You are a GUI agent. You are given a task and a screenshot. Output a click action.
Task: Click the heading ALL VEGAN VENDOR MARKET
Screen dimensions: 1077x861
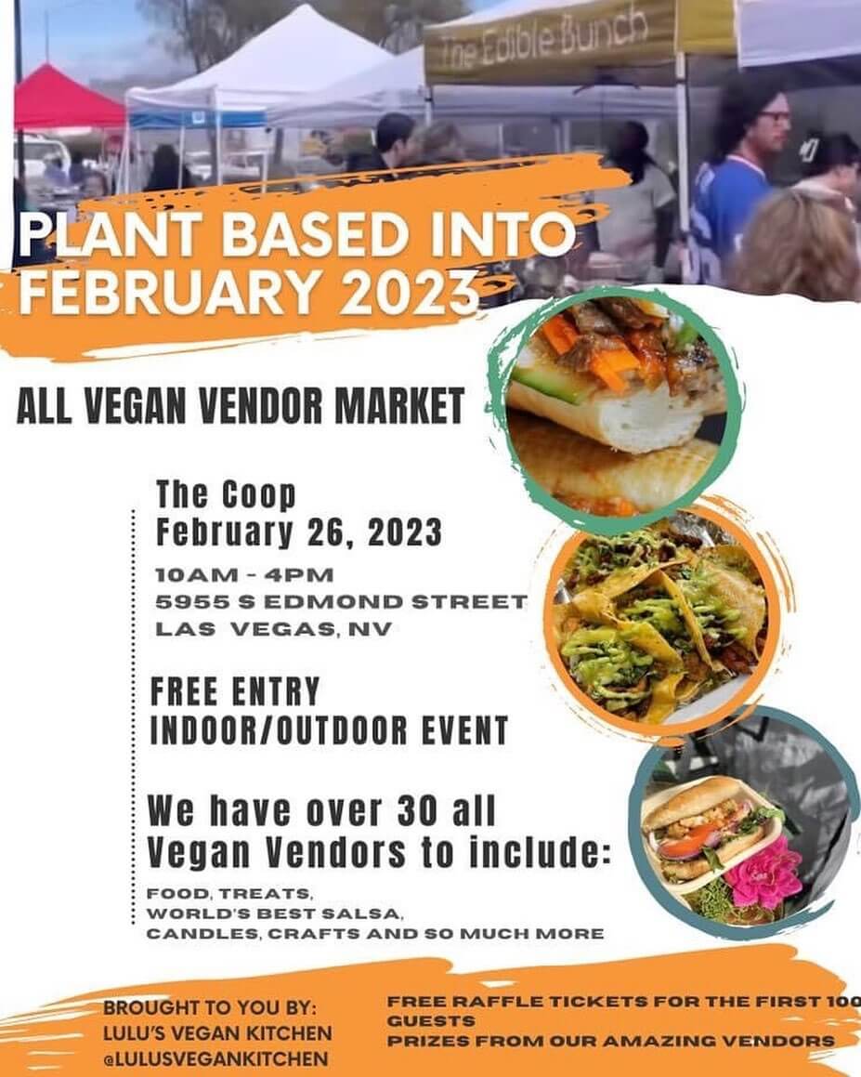pos(241,406)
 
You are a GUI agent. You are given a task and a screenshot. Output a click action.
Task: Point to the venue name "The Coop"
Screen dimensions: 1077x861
pos(226,494)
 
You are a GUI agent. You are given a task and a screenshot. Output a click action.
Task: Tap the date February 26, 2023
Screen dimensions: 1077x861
pos(298,533)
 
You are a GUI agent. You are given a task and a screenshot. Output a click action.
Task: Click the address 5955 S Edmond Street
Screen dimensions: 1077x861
pos(341,602)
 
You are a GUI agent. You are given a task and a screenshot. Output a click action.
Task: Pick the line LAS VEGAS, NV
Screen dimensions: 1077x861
pos(273,629)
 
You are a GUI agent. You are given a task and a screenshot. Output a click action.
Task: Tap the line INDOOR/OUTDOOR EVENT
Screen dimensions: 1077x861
pos(329,730)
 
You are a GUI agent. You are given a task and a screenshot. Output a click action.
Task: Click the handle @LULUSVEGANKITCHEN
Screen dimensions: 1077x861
pos(216,1057)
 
